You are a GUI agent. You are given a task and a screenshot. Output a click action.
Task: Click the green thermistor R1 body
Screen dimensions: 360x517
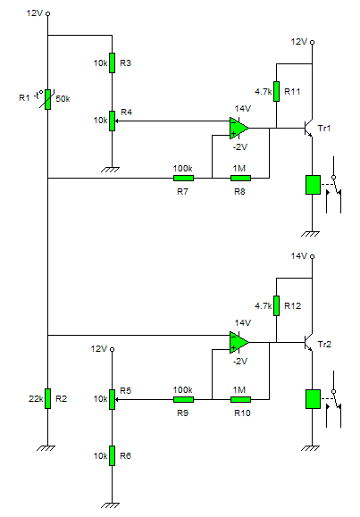[x=48, y=99]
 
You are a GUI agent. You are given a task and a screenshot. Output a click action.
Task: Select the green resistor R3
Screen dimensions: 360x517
[x=113, y=63]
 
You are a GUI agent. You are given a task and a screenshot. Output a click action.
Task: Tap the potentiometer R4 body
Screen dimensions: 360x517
[x=113, y=121]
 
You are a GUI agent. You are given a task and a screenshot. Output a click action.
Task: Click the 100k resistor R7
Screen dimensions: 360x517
[x=183, y=179]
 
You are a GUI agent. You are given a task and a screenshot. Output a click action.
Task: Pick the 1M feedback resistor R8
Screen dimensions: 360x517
[x=240, y=179]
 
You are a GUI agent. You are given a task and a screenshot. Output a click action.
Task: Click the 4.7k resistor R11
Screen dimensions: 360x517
[x=277, y=91]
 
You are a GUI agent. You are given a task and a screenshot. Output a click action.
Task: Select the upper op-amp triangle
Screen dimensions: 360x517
[x=239, y=128]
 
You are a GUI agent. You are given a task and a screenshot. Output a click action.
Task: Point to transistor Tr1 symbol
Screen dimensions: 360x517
[x=308, y=128]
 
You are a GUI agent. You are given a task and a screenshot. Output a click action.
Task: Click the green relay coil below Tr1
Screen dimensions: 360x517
[x=313, y=185]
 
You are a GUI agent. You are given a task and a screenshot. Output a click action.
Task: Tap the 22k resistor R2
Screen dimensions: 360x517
[x=48, y=398]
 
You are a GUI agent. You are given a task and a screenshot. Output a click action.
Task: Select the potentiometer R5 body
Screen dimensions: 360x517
[x=113, y=400]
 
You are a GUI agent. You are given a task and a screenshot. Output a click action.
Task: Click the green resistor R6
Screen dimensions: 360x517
[x=113, y=455]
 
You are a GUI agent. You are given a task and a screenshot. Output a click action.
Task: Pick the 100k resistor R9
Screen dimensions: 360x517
[x=183, y=400]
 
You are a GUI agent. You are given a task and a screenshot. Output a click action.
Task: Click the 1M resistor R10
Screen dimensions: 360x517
[x=240, y=400]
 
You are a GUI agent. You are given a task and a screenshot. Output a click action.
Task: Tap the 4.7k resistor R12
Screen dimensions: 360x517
[x=277, y=305]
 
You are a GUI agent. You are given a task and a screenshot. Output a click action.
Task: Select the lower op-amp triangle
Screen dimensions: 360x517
[x=239, y=342]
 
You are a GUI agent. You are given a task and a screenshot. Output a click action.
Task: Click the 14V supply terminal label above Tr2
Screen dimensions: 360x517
[x=299, y=256]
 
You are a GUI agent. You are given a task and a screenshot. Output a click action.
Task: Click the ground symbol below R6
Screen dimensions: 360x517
[x=110, y=505]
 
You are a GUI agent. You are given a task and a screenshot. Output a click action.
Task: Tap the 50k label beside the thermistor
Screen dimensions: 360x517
[x=63, y=99]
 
